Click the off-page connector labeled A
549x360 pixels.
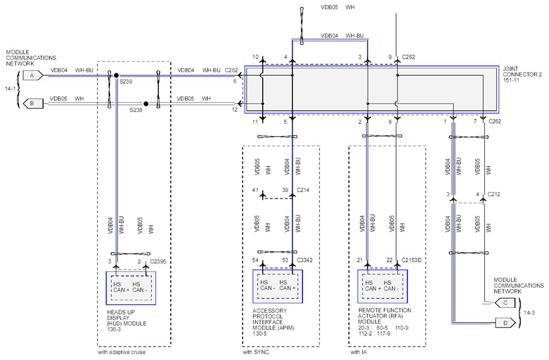point(33,75)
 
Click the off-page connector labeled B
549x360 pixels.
point(33,103)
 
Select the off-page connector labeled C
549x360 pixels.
point(505,303)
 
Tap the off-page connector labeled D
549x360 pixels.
point(505,322)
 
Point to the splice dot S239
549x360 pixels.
point(116,75)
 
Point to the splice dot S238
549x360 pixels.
point(146,103)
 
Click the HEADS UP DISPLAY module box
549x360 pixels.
point(131,288)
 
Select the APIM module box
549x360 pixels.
point(278,286)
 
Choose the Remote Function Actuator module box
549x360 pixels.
point(382,286)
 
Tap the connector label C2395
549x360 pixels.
point(158,262)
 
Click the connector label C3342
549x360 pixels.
point(305,260)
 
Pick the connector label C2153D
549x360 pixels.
point(412,260)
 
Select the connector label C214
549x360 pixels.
point(303,190)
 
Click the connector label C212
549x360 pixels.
point(494,194)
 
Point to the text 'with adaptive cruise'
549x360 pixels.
point(122,352)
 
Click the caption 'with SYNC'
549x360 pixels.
point(256,352)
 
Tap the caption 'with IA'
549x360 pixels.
point(358,352)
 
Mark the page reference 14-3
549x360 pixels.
point(529,313)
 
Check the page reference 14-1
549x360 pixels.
point(10,89)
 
